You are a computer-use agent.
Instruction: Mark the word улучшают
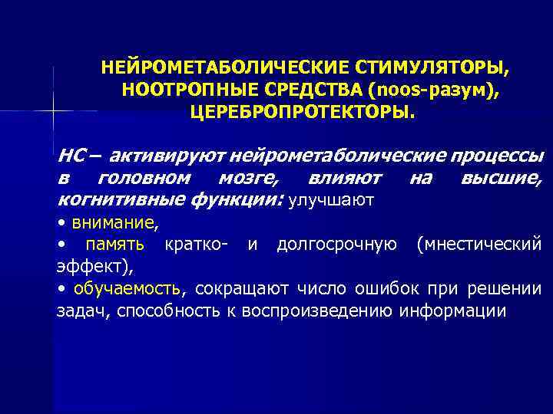pyautogui.click(x=330, y=202)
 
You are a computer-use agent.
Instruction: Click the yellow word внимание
pyautogui.click(x=114, y=223)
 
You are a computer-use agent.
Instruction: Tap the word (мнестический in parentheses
pyautogui.click(x=478, y=245)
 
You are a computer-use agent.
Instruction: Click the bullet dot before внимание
pyautogui.click(x=61, y=224)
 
